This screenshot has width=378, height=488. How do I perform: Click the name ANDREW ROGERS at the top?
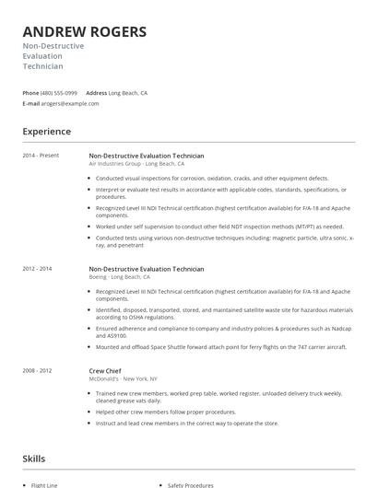pyautogui.click(x=84, y=31)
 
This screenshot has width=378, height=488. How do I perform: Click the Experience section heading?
pyautogui.click(x=46, y=132)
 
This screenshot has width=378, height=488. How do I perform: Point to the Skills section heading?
pyautogui.click(x=34, y=458)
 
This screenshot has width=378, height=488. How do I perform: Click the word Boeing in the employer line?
pyautogui.click(x=98, y=276)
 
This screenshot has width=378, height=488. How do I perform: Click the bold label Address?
pyautogui.click(x=96, y=93)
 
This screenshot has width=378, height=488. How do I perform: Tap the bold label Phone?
pyautogui.click(x=30, y=93)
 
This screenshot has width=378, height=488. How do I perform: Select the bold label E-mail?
pyautogui.click(x=31, y=104)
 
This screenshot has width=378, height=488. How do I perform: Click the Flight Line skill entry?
pyautogui.click(x=44, y=483)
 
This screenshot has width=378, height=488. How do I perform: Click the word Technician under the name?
pyautogui.click(x=43, y=67)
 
